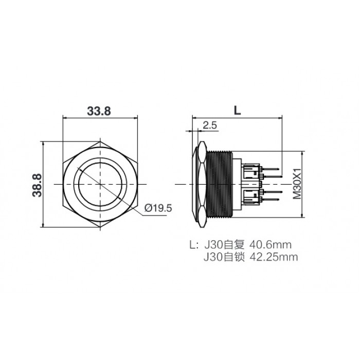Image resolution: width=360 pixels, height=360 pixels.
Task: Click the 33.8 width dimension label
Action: [x=99, y=111]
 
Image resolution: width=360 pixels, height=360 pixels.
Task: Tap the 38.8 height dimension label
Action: [x=37, y=185]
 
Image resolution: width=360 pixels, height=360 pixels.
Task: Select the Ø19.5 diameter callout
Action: [x=158, y=208]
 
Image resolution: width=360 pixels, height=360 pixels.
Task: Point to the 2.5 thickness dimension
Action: [x=210, y=125]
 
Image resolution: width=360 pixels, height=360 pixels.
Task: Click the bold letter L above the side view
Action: [x=238, y=111]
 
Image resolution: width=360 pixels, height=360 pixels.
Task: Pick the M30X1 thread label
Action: [x=297, y=184]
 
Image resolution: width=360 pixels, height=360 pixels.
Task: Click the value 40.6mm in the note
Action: [x=271, y=245]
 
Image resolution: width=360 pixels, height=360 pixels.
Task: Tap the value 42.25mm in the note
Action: [x=274, y=257]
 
